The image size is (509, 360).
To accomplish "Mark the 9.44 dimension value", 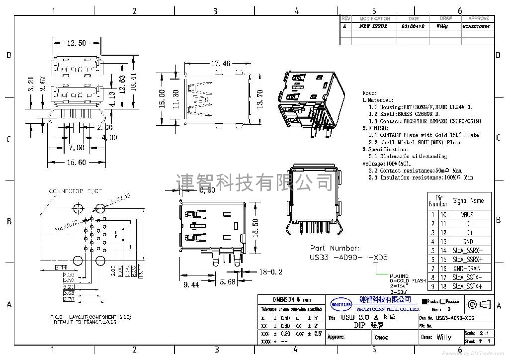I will pos(191,285).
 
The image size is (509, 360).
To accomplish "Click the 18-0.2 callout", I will pos(270,271).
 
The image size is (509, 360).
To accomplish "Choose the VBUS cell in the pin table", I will pos(467,215).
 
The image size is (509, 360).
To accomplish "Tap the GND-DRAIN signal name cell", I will pos(467,269).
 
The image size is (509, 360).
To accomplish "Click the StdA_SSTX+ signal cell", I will pos(467,286).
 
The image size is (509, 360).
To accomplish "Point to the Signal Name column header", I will pos(468,201).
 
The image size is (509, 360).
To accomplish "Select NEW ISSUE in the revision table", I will pos(373,26).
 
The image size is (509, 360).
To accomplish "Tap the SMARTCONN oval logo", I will pos(341,303).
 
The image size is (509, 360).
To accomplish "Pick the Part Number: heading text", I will pos(334,248).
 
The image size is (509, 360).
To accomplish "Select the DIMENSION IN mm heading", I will pos(292,300).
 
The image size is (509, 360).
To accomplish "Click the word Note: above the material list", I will pos(370,93).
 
